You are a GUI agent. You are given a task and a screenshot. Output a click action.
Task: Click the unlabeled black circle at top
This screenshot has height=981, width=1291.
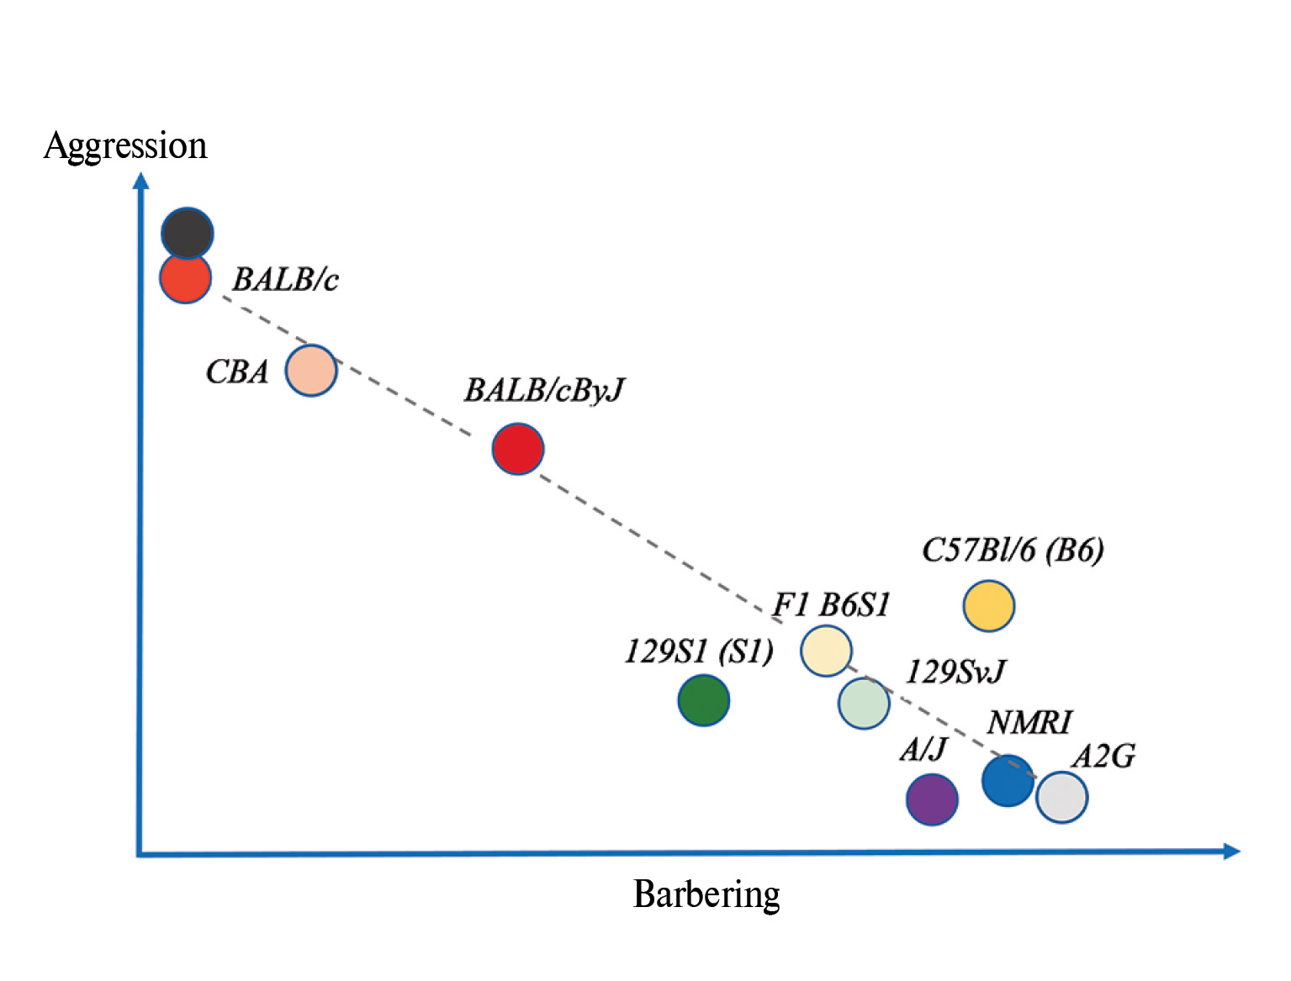click(x=187, y=233)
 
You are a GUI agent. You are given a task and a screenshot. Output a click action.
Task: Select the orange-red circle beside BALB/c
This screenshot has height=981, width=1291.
click(x=185, y=278)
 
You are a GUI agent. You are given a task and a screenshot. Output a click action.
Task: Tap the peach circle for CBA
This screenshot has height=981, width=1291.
click(x=311, y=370)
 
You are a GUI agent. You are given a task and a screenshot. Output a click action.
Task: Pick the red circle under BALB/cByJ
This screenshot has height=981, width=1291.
click(x=518, y=449)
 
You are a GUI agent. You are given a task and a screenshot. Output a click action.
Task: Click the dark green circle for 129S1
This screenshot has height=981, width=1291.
click(x=704, y=700)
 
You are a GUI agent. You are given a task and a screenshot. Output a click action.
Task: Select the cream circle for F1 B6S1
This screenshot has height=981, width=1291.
click(x=826, y=651)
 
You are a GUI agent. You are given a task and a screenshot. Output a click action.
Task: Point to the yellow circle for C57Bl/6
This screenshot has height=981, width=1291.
click(x=989, y=605)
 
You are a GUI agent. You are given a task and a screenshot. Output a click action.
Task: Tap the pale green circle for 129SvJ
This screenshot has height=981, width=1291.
click(x=864, y=703)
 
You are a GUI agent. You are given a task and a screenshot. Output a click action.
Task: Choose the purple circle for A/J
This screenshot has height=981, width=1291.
click(x=932, y=799)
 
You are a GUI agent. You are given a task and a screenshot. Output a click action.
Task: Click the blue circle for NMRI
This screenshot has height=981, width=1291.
click(x=1008, y=780)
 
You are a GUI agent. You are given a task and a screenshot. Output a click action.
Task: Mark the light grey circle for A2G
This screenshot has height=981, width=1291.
click(x=1062, y=797)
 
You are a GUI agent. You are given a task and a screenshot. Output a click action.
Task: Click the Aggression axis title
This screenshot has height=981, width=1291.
click(x=125, y=145)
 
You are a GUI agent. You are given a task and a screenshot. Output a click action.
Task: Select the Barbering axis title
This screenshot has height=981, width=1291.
click(x=706, y=894)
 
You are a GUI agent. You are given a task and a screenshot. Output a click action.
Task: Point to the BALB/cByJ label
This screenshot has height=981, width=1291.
click(x=544, y=390)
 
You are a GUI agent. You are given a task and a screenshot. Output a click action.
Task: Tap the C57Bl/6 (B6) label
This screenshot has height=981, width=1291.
click(x=1013, y=550)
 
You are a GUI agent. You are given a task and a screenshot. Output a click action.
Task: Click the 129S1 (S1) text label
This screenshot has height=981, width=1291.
click(x=699, y=651)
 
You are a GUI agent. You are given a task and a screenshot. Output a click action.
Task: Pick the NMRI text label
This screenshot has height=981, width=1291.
click(x=1029, y=721)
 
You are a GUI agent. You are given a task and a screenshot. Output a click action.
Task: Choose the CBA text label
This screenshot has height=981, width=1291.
click(x=237, y=371)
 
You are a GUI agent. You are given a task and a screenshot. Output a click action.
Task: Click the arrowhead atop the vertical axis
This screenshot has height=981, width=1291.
click(x=141, y=181)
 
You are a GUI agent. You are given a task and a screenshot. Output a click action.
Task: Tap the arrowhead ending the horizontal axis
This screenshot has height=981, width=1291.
click(x=1231, y=851)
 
